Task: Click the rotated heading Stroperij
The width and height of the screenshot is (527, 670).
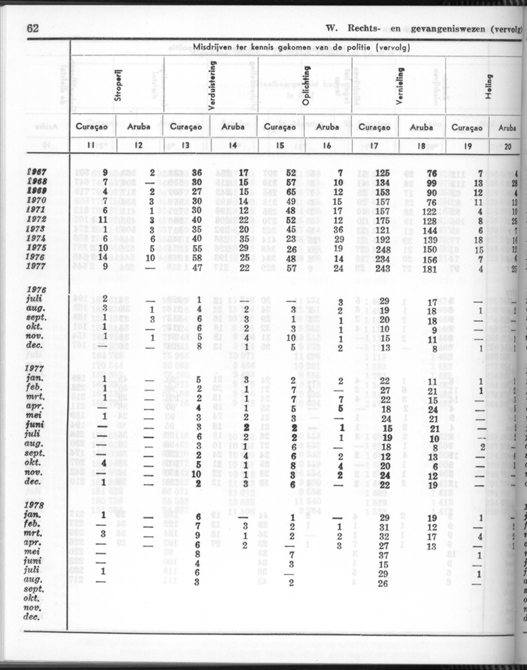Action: tap(117, 86)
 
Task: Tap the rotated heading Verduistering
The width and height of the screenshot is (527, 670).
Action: tap(213, 85)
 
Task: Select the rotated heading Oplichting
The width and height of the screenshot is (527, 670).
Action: tap(306, 88)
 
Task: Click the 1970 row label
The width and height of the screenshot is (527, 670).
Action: tap(40, 200)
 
